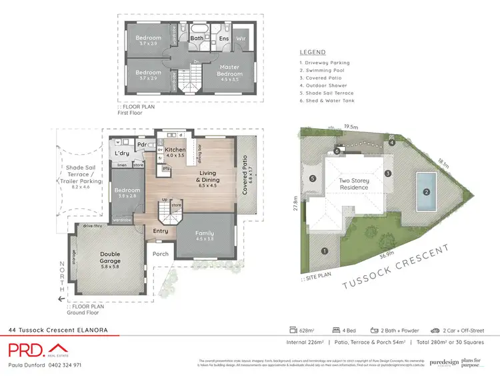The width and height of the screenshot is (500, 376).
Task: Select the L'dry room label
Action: point(121,154)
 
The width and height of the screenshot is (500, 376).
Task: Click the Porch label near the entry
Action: point(160,254)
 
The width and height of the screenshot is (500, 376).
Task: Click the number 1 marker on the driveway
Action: point(325,251)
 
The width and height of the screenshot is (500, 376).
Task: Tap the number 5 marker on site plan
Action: point(313,178)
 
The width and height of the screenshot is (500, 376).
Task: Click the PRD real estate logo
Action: point(39,350)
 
